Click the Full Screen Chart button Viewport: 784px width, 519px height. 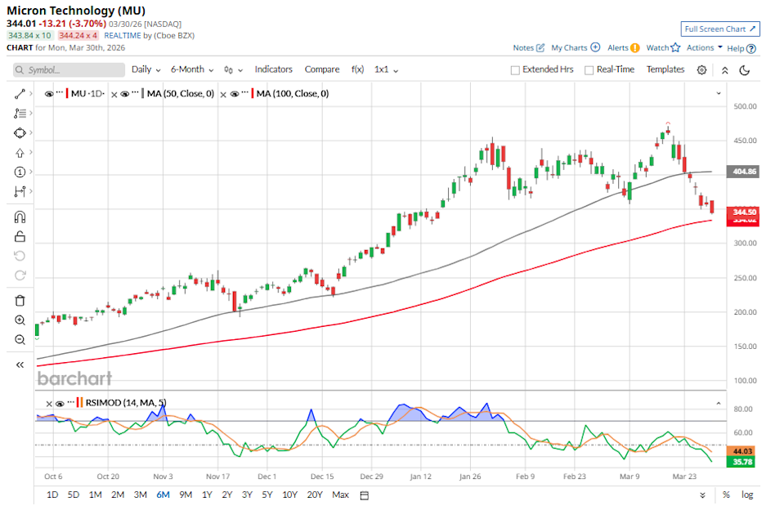click(720, 29)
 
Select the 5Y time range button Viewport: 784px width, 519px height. click(267, 494)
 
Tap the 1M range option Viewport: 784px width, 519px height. click(96, 494)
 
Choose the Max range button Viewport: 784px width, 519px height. click(341, 494)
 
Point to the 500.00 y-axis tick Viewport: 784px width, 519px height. click(745, 106)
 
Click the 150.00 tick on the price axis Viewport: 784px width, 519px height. click(745, 347)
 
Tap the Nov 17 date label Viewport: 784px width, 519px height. click(219, 476)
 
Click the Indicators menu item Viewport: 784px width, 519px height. click(273, 69)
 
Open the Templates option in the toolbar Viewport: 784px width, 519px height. click(665, 69)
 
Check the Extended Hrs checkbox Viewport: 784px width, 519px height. click(515, 70)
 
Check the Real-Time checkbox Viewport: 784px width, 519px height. click(589, 70)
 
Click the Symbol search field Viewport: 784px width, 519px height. click(65, 70)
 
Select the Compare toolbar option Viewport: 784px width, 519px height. click(321, 69)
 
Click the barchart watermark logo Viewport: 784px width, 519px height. click(74, 378)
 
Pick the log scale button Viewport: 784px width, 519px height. click(747, 494)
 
